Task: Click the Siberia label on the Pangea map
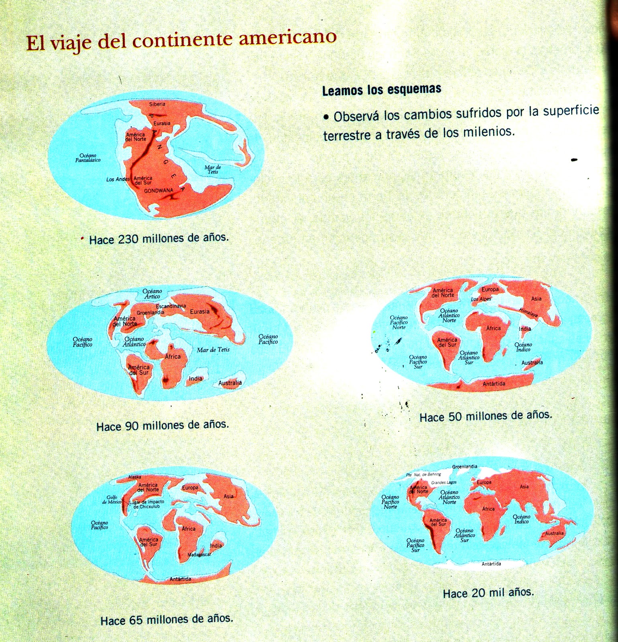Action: click(157, 104)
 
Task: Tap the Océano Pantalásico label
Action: click(88, 158)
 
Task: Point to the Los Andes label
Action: click(118, 179)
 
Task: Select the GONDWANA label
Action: click(159, 191)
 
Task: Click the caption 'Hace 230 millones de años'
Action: click(159, 239)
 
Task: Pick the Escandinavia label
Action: click(171, 306)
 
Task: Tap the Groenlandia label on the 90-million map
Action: click(150, 313)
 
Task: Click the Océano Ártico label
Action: click(152, 294)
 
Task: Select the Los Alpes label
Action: click(481, 299)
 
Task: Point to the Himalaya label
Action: click(528, 313)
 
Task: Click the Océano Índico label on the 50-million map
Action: click(523, 347)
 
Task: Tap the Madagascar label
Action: click(199, 555)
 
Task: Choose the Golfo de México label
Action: click(111, 500)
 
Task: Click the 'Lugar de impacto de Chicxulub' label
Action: click(146, 504)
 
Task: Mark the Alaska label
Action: click(134, 477)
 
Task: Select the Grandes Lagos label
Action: click(443, 482)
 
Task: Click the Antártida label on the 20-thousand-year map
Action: click(491, 564)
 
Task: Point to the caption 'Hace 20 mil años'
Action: click(488, 593)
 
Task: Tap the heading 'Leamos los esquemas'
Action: click(382, 89)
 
